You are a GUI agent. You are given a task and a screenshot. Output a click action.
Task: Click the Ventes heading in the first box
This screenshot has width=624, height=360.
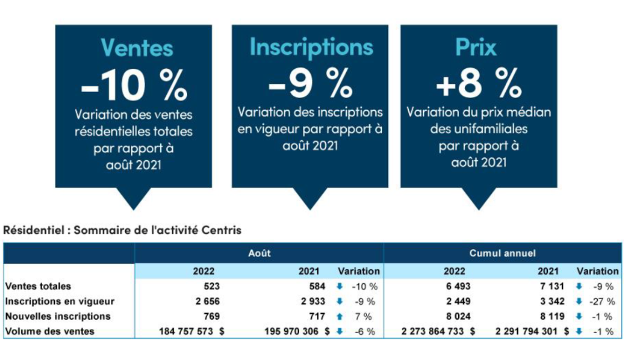[x=136, y=48]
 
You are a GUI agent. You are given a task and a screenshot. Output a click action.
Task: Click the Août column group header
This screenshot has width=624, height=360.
[x=259, y=253]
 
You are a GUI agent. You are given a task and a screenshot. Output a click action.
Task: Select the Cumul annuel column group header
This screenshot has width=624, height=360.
[x=502, y=253]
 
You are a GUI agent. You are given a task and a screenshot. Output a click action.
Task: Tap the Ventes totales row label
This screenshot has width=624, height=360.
[x=38, y=286]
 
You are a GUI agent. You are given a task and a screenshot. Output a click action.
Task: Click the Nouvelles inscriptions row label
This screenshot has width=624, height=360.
[x=58, y=316]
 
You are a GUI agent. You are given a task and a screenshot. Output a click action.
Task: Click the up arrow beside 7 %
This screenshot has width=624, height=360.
[x=339, y=316]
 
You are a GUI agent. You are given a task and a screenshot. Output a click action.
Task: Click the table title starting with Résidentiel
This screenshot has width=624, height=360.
[x=122, y=230]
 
